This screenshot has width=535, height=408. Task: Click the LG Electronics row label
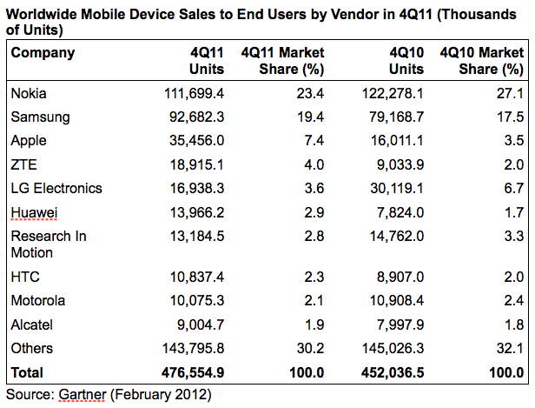click(x=56, y=188)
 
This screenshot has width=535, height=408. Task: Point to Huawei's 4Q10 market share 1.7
click(x=513, y=211)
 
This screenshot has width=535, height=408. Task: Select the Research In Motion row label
click(x=49, y=244)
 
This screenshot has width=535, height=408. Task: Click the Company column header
click(x=43, y=53)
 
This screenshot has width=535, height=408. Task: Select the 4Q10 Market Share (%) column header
click(x=482, y=61)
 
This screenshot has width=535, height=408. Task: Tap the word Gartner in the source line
click(x=85, y=394)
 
